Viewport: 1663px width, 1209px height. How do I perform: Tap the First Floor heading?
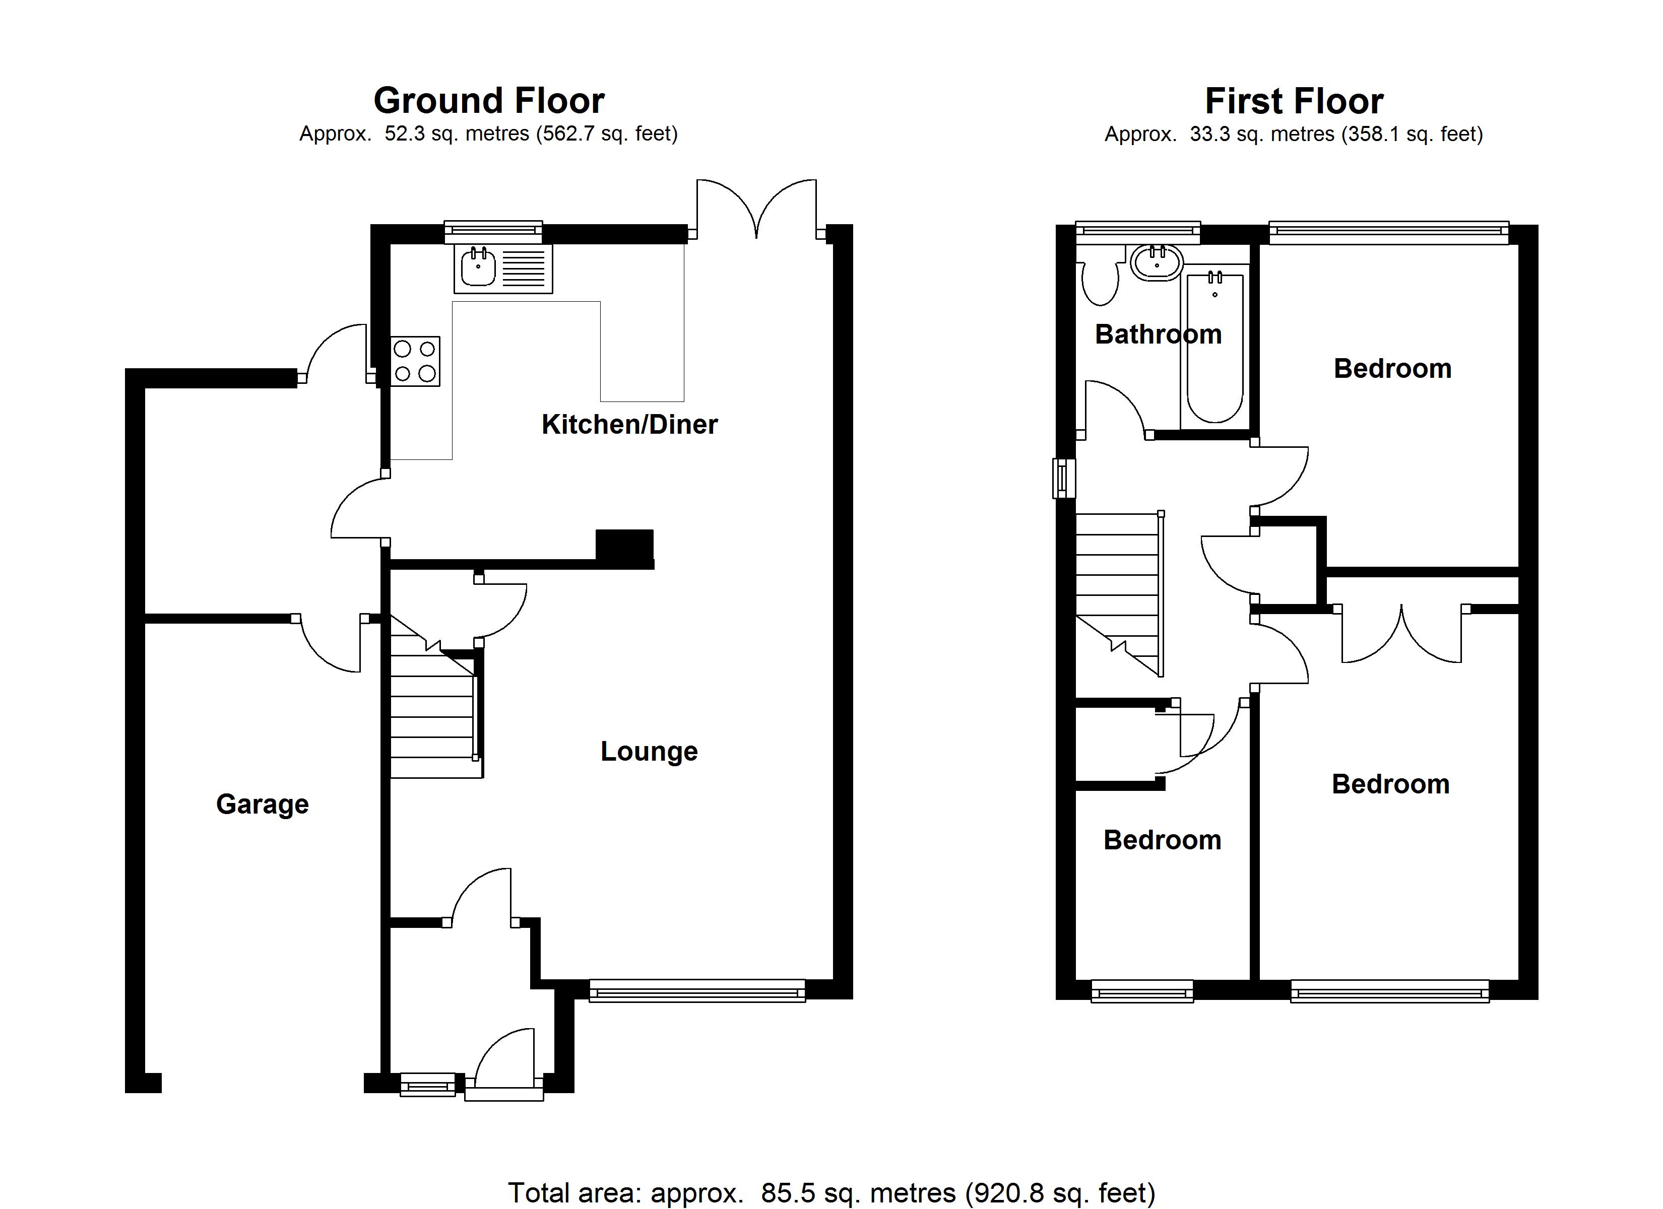(1294, 101)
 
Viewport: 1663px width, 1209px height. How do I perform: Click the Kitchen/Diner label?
(629, 425)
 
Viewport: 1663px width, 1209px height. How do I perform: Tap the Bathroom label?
(1158, 334)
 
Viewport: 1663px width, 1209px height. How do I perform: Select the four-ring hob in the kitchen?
(415, 361)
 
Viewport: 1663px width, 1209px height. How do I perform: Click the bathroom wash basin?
(1157, 262)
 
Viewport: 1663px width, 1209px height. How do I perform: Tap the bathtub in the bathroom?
(1214, 348)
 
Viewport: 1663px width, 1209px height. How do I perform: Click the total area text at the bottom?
(831, 1193)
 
